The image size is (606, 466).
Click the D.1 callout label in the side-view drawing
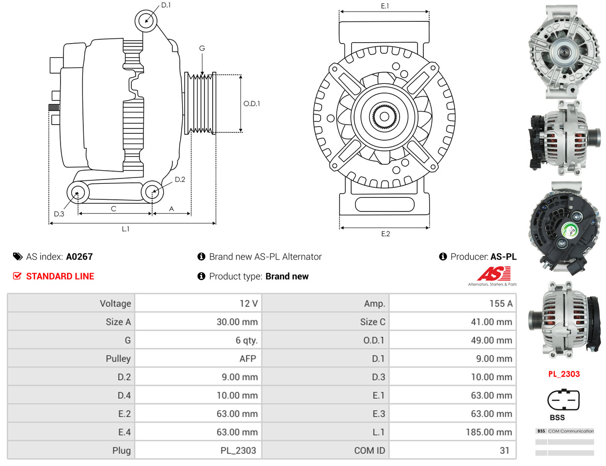tap(166, 5)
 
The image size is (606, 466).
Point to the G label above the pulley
tap(202, 48)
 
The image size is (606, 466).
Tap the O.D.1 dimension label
tap(251, 103)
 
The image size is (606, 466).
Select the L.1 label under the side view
tap(125, 229)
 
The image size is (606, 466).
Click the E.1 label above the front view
tap(385, 6)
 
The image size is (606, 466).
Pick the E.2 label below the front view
tap(386, 234)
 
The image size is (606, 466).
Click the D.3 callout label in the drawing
tap(59, 214)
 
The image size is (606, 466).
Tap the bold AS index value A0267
tap(79, 257)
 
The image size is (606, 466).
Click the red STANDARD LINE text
tap(60, 276)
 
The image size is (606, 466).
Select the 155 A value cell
tap(452, 304)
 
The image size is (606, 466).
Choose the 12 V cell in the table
tap(198, 304)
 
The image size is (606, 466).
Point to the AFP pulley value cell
tap(198, 358)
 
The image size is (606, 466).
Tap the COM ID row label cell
tap(325, 450)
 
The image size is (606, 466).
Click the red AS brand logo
tap(494, 274)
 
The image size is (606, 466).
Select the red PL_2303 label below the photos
tap(564, 374)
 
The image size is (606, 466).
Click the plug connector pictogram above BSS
tap(563, 400)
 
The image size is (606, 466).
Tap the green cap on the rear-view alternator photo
tap(570, 231)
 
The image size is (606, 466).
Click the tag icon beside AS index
tap(18, 257)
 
